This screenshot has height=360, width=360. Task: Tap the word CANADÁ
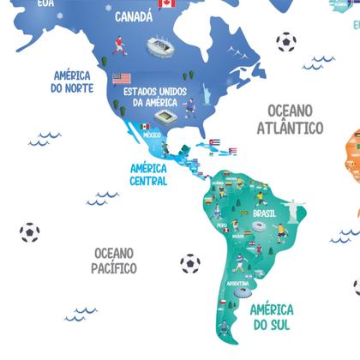point(134,16)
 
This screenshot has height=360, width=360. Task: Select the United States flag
point(122,78)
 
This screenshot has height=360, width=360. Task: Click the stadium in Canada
point(157,46)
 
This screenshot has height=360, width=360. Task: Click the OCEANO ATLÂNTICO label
point(291,119)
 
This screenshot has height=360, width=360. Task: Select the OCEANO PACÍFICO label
point(114,261)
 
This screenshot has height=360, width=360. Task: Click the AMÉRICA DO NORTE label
point(72,81)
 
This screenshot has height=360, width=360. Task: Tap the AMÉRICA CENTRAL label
point(148,175)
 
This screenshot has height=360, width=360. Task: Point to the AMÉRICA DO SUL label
point(272,317)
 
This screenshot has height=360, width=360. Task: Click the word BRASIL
point(263,213)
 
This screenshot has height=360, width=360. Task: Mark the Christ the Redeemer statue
point(296,207)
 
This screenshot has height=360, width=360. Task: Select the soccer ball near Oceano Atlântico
point(285,42)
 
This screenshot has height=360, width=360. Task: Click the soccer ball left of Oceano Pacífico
point(29,232)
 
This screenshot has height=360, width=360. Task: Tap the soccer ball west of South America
point(189,264)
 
